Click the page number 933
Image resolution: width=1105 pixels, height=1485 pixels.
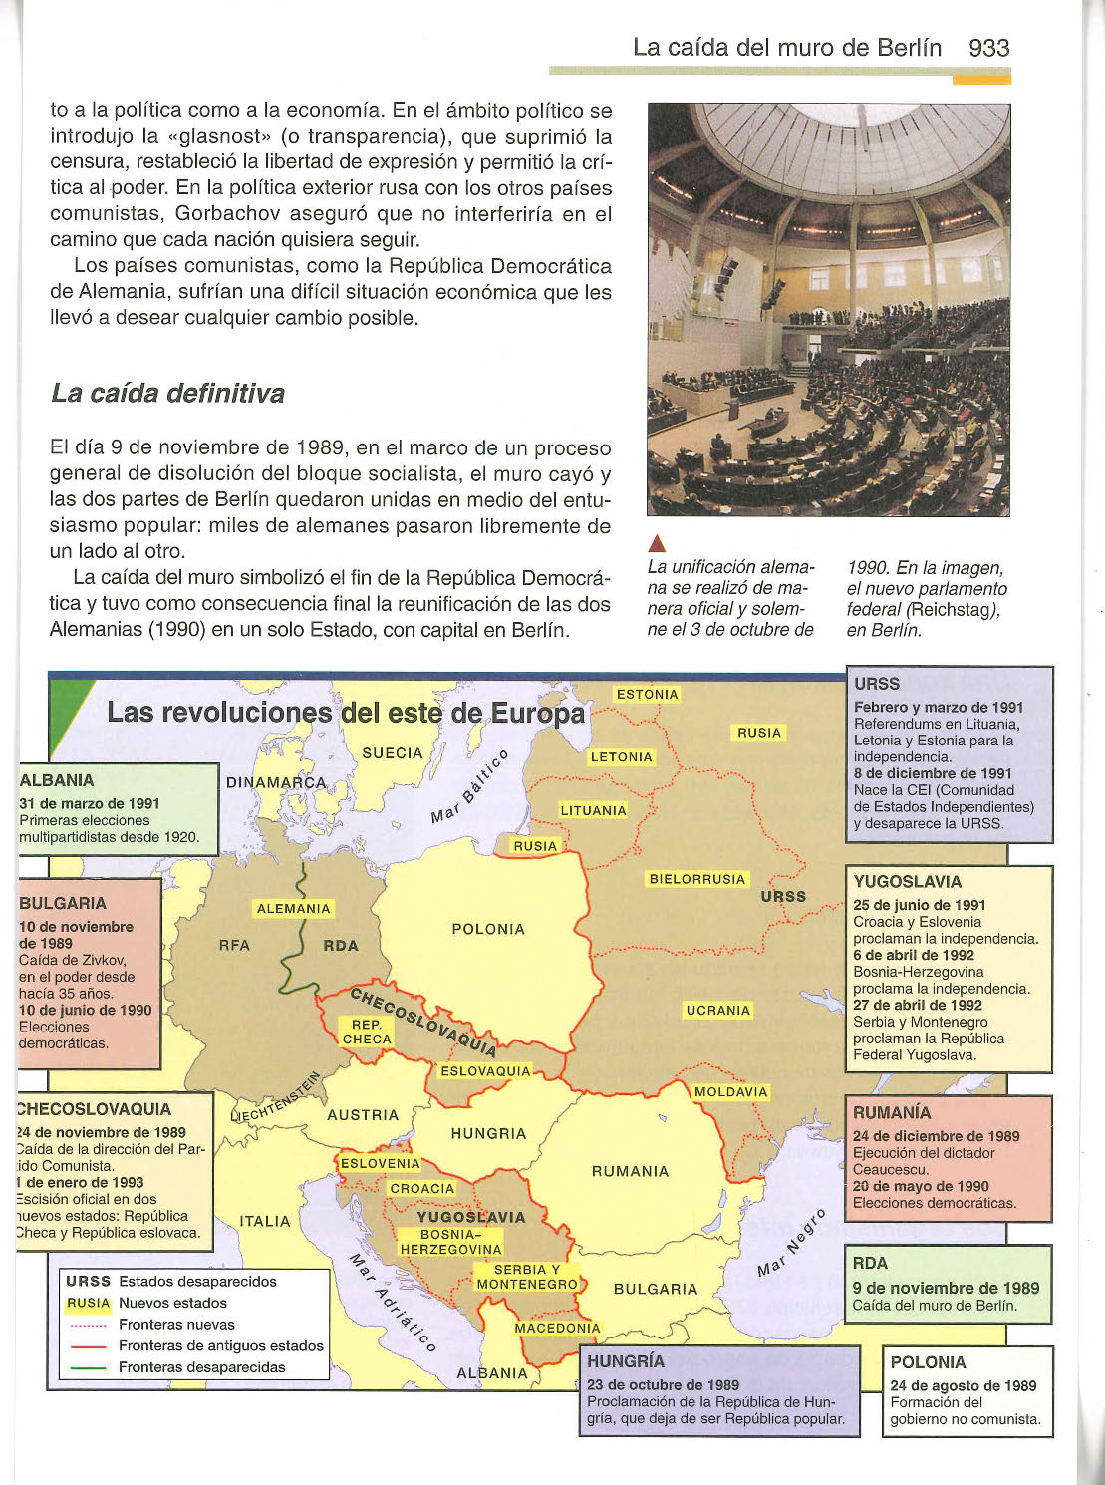[988, 48]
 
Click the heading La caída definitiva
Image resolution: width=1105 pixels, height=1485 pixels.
[167, 394]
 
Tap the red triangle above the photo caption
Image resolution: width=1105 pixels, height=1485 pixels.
[656, 543]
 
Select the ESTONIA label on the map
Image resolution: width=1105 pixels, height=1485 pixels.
[647, 695]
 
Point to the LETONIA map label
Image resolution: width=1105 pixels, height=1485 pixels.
[622, 757]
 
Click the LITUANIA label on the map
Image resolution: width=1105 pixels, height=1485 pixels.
[593, 811]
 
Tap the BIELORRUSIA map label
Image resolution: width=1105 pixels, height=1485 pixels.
[696, 879]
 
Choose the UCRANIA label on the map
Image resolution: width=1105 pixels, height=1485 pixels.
[717, 1011]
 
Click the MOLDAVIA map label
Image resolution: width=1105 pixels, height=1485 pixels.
[730, 1092]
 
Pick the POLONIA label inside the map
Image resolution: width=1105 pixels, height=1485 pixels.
[488, 929]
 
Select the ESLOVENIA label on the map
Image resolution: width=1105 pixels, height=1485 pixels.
[380, 1163]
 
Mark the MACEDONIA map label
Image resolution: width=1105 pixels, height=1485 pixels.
[557, 1328]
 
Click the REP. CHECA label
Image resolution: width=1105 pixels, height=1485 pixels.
[367, 1032]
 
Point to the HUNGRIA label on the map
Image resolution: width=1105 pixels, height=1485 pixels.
[488, 1134]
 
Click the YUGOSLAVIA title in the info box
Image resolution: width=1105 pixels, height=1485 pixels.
[908, 882]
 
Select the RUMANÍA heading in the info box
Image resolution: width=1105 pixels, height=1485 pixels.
[892, 1113]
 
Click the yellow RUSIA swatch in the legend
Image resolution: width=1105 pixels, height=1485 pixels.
[88, 1303]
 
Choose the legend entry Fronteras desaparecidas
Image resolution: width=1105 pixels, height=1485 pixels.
[201, 1367]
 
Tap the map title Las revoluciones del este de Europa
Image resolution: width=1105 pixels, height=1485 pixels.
[346, 713]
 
